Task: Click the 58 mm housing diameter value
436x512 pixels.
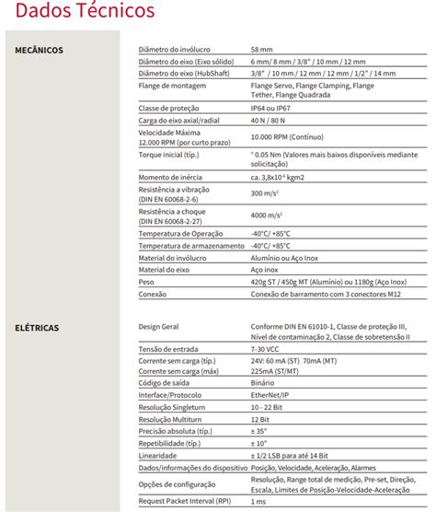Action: [x=261, y=49]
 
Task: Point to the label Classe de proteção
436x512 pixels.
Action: [x=170, y=107]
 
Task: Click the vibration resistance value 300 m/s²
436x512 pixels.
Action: [x=266, y=193]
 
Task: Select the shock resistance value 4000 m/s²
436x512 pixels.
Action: [x=268, y=215]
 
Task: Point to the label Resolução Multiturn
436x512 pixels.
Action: [x=176, y=418]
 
